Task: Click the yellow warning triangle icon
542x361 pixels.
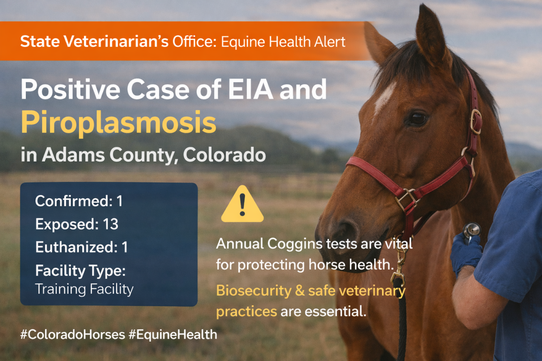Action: coord(242,205)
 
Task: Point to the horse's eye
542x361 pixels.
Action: coord(417,119)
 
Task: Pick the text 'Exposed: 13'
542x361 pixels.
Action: coord(77,224)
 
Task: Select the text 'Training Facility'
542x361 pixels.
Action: coord(84,289)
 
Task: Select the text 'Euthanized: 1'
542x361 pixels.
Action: coord(81,248)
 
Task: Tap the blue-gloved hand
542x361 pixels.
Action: coord(465,250)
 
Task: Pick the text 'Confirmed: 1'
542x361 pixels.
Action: coord(79,201)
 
